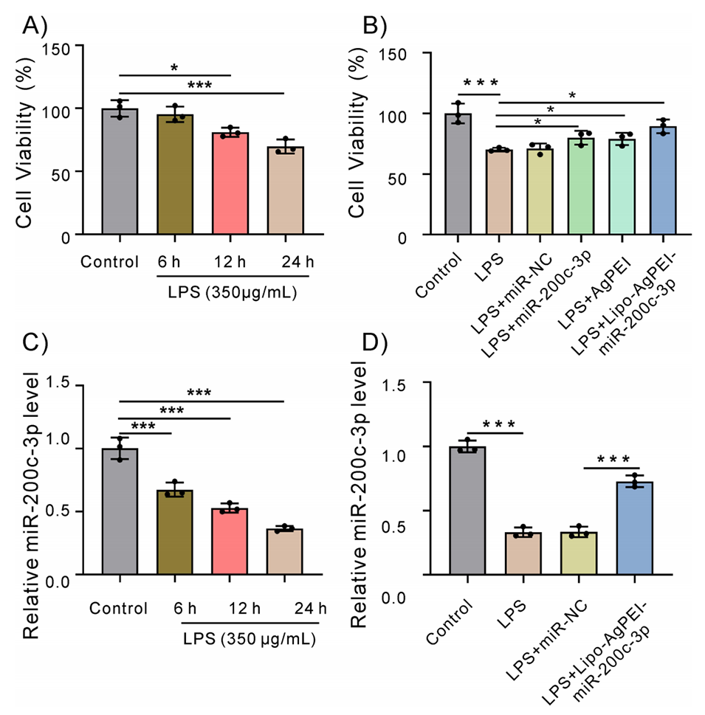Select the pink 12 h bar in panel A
coord(230,184)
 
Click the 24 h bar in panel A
coord(285,191)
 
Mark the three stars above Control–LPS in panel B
coord(480,82)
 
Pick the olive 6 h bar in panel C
coord(175,533)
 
